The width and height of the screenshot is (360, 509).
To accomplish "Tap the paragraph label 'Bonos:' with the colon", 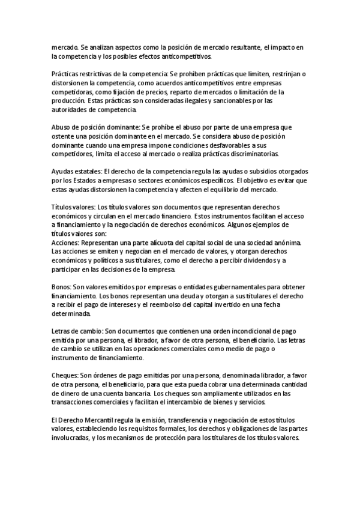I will [x=62, y=286].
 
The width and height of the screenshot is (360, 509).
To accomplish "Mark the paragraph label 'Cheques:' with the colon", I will [x=65, y=375].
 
